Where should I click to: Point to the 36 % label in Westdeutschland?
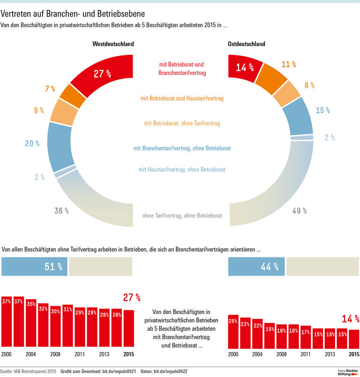[x=61, y=211]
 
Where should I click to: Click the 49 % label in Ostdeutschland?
[x=300, y=211]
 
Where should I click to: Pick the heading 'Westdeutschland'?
[x=113, y=44]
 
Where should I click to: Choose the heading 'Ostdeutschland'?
[x=247, y=44]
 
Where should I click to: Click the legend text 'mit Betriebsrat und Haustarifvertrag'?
[x=182, y=98]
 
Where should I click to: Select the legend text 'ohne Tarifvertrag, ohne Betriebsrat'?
[x=182, y=216]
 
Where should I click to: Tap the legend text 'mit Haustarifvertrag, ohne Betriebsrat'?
[x=182, y=169]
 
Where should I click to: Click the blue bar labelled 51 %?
[x=35, y=266]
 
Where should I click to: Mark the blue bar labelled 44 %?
[x=256, y=266]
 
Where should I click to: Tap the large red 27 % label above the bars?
[x=132, y=297]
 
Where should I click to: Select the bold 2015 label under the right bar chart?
[x=354, y=354]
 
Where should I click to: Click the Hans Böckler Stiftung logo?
[x=347, y=372]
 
